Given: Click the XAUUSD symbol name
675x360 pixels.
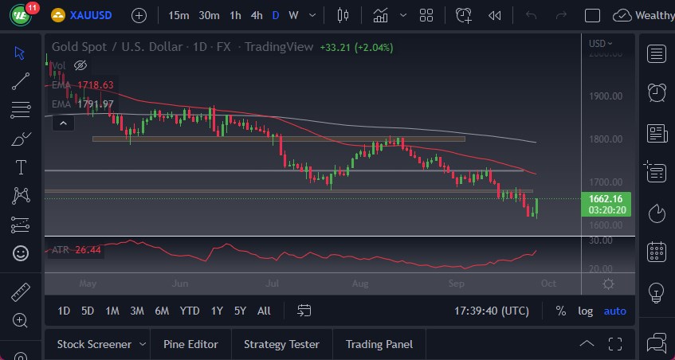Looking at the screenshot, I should tap(91, 15).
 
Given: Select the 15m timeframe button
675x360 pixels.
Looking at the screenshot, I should tap(179, 15).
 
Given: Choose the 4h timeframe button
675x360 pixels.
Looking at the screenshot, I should tap(256, 15).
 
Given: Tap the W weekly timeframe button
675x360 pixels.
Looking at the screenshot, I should tap(293, 15).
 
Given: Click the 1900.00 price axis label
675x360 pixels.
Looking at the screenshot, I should tap(605, 96).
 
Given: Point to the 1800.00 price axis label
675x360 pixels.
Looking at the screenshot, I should tap(605, 139).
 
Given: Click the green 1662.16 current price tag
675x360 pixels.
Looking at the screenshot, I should tap(606, 198).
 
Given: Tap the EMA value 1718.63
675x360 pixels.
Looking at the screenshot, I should tap(95, 85).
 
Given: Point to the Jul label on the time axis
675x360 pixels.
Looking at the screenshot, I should tap(272, 284).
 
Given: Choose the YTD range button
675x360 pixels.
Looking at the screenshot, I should tap(190, 311).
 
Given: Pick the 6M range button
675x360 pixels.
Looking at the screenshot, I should tap(162, 311).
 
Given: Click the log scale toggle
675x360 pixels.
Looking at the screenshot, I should tap(585, 311).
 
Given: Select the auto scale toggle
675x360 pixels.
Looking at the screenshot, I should tap(614, 311).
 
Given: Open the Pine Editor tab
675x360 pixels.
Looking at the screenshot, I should tap(190, 344).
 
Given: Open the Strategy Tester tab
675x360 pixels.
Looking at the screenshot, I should tap(281, 344).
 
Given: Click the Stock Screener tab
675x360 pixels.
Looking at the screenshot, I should tap(94, 344).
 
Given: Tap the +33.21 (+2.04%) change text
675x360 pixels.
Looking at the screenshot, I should tap(356, 47).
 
